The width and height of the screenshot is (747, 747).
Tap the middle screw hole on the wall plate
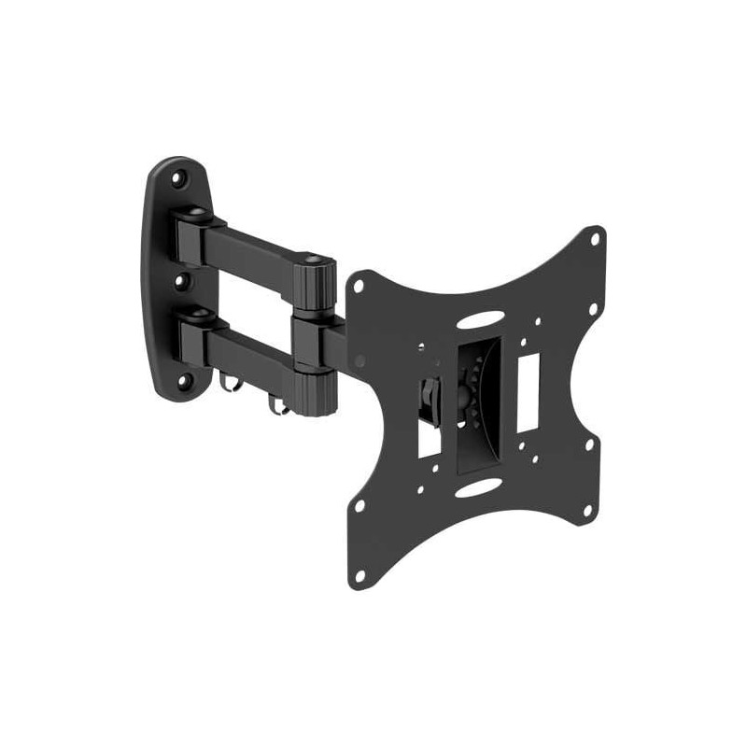[184, 279]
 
